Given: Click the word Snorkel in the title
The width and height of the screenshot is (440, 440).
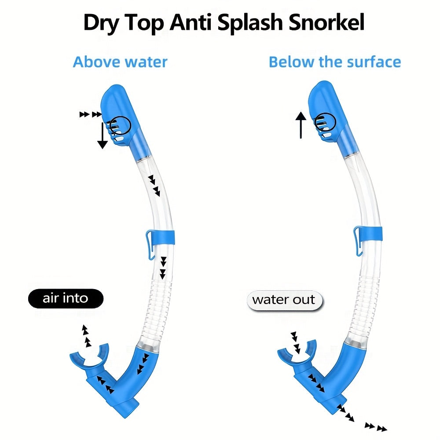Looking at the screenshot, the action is point(326,22).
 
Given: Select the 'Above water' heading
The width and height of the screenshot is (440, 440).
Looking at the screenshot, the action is point(120,62).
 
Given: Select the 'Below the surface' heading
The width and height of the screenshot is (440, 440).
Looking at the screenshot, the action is point(335,62).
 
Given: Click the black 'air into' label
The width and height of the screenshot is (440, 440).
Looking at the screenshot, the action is point(66,298).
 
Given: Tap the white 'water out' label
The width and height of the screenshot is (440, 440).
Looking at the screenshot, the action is point(285,300).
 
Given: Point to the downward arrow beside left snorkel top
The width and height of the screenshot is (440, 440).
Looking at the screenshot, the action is point(103,135).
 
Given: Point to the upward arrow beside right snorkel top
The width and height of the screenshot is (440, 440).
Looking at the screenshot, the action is point(301,125).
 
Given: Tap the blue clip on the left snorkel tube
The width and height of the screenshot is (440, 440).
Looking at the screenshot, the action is point(160,238).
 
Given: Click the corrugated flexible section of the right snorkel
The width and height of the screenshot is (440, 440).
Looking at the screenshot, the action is point(365,306).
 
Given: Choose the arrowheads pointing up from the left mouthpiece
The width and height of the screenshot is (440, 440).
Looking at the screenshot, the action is point(86,336).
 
